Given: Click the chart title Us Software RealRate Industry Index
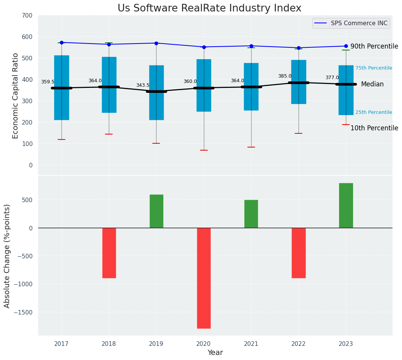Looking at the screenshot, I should point(209,8).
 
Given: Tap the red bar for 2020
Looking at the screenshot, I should point(203,278).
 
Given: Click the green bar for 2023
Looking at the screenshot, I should point(346,206).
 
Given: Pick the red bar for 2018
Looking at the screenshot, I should point(109,253).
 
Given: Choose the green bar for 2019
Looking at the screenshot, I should point(156,211).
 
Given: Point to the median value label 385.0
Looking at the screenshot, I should point(285,76).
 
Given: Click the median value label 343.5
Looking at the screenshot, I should point(143,86).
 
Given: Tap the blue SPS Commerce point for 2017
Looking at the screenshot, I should point(61,42).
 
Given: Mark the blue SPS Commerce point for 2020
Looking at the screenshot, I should point(204,47).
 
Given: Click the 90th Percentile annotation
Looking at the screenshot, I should point(374,46).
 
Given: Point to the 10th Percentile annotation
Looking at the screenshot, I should point(374,128).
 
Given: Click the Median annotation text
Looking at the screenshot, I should point(372,84).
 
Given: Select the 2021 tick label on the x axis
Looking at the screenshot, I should point(251,344).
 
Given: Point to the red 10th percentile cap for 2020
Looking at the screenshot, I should point(204,150).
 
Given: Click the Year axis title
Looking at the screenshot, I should point(215,353).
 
